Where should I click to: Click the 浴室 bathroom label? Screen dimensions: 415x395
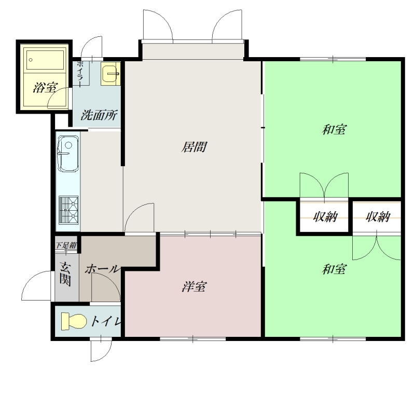(x=46, y=87)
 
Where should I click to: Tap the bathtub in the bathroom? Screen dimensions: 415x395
(x=45, y=60)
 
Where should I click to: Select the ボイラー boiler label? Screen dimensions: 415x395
(x=80, y=73)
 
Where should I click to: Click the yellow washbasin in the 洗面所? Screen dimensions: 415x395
(x=110, y=74)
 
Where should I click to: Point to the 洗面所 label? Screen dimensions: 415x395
(x=99, y=115)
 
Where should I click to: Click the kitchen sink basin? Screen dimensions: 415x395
(x=68, y=154)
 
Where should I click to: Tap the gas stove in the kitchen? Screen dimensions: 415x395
(x=68, y=210)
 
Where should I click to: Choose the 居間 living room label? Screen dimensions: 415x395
(x=194, y=147)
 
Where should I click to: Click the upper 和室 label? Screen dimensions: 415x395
(x=334, y=129)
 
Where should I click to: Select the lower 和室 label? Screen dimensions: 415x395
(x=334, y=269)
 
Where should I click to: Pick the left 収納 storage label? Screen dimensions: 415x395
(x=325, y=216)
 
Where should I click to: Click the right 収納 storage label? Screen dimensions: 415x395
(x=378, y=216)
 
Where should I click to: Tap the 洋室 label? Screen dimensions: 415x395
(x=194, y=287)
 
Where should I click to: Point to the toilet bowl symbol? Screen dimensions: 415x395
(x=74, y=321)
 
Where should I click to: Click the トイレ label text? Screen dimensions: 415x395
(x=105, y=321)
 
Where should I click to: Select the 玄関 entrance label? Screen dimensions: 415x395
(x=65, y=274)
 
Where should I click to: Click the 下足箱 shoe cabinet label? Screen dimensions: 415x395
(x=66, y=245)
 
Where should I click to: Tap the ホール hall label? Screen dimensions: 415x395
(x=102, y=269)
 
